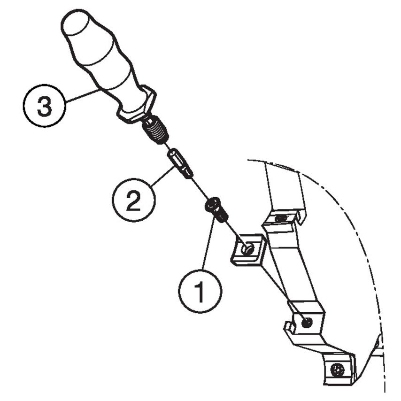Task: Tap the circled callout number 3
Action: [x=44, y=106]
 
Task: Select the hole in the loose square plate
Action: [x=248, y=250]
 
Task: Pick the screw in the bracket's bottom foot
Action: [x=337, y=369]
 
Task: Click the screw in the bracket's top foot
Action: [x=281, y=218]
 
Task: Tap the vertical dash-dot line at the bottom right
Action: [x=385, y=366]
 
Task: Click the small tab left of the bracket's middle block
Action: [x=287, y=326]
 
